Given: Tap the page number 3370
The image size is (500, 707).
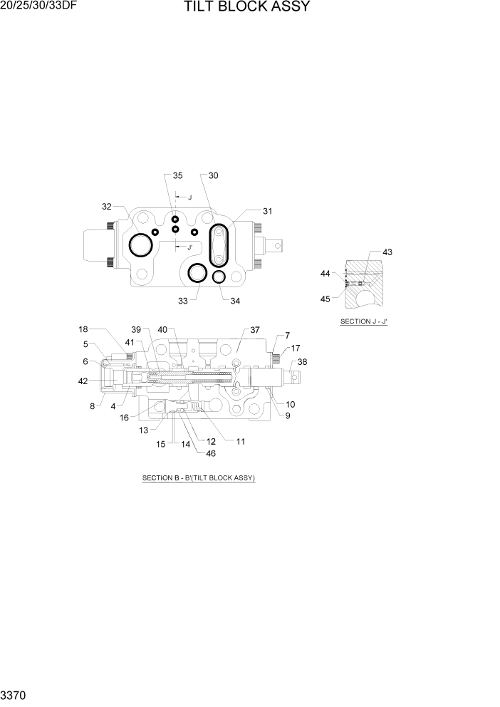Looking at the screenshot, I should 14,693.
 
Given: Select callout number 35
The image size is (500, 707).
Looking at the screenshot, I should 177,175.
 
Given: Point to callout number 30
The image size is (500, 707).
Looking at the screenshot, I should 213,175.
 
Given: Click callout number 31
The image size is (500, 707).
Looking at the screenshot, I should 267,211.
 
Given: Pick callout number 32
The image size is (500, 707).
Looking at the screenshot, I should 107,207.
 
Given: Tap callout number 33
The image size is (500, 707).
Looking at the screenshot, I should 183,301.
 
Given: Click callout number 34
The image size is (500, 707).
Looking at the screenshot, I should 235,301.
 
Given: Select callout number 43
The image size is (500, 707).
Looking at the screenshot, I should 387,252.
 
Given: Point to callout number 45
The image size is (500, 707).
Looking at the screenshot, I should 325,299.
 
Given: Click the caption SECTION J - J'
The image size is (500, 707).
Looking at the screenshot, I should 363,321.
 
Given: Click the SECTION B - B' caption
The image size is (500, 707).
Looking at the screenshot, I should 199,478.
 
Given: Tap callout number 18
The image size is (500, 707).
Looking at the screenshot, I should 83,329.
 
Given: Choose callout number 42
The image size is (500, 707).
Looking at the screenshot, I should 83,381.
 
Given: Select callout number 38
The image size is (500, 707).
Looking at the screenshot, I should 303,362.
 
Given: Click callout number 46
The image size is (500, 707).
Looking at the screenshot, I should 211,453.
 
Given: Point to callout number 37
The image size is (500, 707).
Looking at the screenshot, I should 255,330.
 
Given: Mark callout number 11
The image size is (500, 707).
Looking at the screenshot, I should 241,441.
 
